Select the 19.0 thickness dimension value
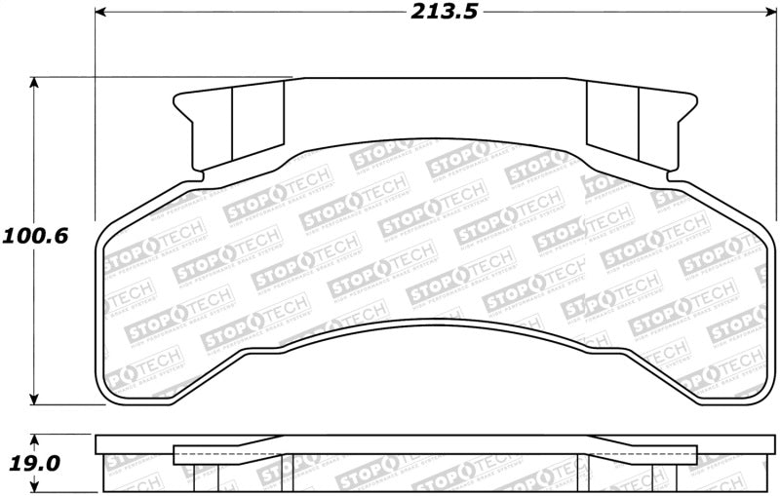tap(34, 464)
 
